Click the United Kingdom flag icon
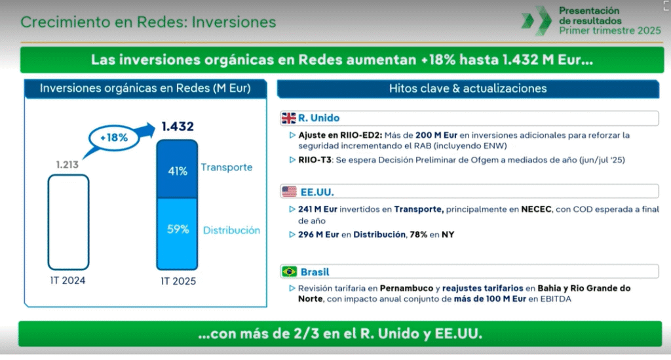click(288, 118)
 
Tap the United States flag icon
click(289, 191)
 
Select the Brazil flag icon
click(289, 271)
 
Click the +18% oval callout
click(114, 138)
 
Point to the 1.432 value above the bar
click(178, 127)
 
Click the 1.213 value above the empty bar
click(67, 165)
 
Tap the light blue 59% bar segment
click(177, 233)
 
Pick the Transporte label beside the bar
click(227, 167)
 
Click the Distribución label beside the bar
click(231, 230)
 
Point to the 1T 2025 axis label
click(178, 281)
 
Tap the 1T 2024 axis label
click(67, 281)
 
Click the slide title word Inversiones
click(234, 22)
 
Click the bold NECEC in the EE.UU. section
click(536, 209)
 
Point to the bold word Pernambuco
click(406, 288)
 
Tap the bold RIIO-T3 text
click(315, 159)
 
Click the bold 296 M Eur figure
click(318, 235)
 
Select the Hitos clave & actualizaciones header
click(468, 89)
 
